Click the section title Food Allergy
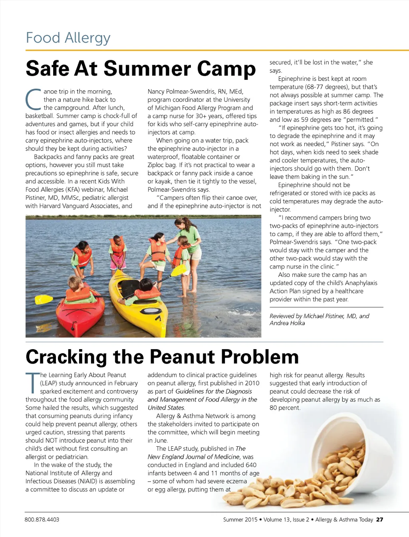tap(68, 38)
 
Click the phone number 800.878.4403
tap(42, 519)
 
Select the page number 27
tap(379, 519)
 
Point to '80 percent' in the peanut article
tap(284, 408)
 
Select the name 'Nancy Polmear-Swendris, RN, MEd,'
tap(195, 91)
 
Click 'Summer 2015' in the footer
tap(240, 519)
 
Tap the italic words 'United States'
tap(166, 408)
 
